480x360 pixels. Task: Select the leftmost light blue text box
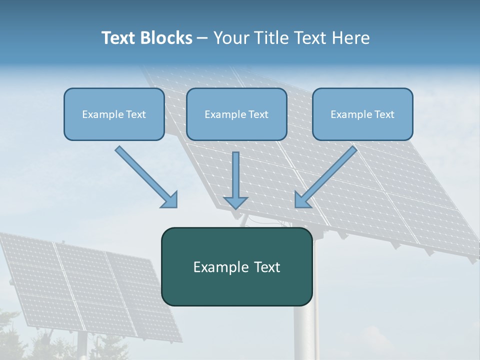click(x=114, y=114)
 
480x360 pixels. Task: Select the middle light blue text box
click(x=236, y=114)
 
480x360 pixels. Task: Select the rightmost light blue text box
click(x=362, y=114)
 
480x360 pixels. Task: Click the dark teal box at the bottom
click(x=236, y=266)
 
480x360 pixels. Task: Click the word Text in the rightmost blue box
click(x=384, y=114)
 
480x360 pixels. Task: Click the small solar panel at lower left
click(x=90, y=285)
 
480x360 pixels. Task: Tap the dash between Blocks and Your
click(x=202, y=38)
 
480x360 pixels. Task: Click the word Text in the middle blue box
click(x=258, y=114)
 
